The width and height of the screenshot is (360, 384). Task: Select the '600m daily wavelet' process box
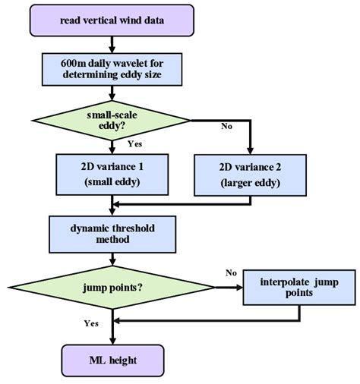coord(113,69)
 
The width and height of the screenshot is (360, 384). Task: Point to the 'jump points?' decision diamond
coord(112,287)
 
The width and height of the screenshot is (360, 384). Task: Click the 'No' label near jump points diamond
coord(232,271)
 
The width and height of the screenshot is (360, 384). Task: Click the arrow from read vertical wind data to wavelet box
coord(112,43)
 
